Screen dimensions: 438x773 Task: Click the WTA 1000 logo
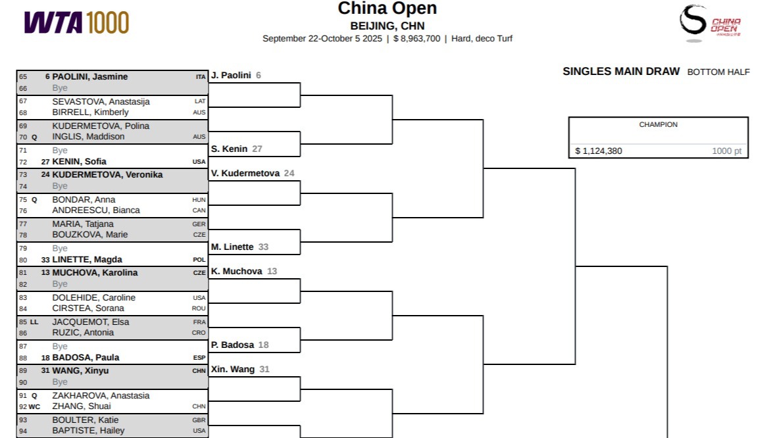point(76,23)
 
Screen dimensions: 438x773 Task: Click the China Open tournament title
point(387,9)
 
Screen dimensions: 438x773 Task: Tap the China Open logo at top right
point(709,22)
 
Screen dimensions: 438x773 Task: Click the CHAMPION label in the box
point(658,124)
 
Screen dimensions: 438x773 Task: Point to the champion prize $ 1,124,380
point(598,151)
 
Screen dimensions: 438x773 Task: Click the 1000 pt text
point(726,151)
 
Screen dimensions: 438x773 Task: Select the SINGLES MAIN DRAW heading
point(621,72)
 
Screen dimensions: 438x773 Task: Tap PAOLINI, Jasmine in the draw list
point(90,77)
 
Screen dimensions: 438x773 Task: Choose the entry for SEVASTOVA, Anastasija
point(101,102)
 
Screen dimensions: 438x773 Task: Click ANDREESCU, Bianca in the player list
point(96,210)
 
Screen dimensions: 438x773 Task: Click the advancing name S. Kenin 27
point(236,149)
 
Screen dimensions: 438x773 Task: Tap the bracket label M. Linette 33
point(239,247)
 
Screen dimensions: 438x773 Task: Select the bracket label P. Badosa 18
point(239,345)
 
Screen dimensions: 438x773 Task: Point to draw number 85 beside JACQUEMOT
point(23,322)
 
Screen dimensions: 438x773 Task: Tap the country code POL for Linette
point(199,260)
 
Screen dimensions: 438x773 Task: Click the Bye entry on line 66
point(60,88)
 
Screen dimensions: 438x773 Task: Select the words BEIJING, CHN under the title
point(387,26)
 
